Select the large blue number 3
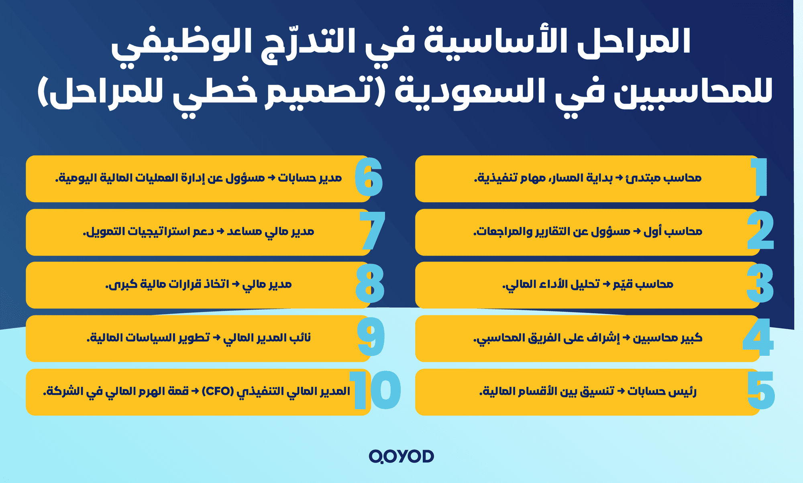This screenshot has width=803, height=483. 760,284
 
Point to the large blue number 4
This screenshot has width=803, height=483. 758,337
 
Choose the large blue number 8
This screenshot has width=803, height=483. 370,284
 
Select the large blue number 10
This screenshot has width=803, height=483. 375,391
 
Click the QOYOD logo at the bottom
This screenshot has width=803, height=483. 401,456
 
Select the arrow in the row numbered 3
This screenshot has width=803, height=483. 606,284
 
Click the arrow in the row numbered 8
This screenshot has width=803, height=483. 236,284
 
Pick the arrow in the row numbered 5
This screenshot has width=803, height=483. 621,391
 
